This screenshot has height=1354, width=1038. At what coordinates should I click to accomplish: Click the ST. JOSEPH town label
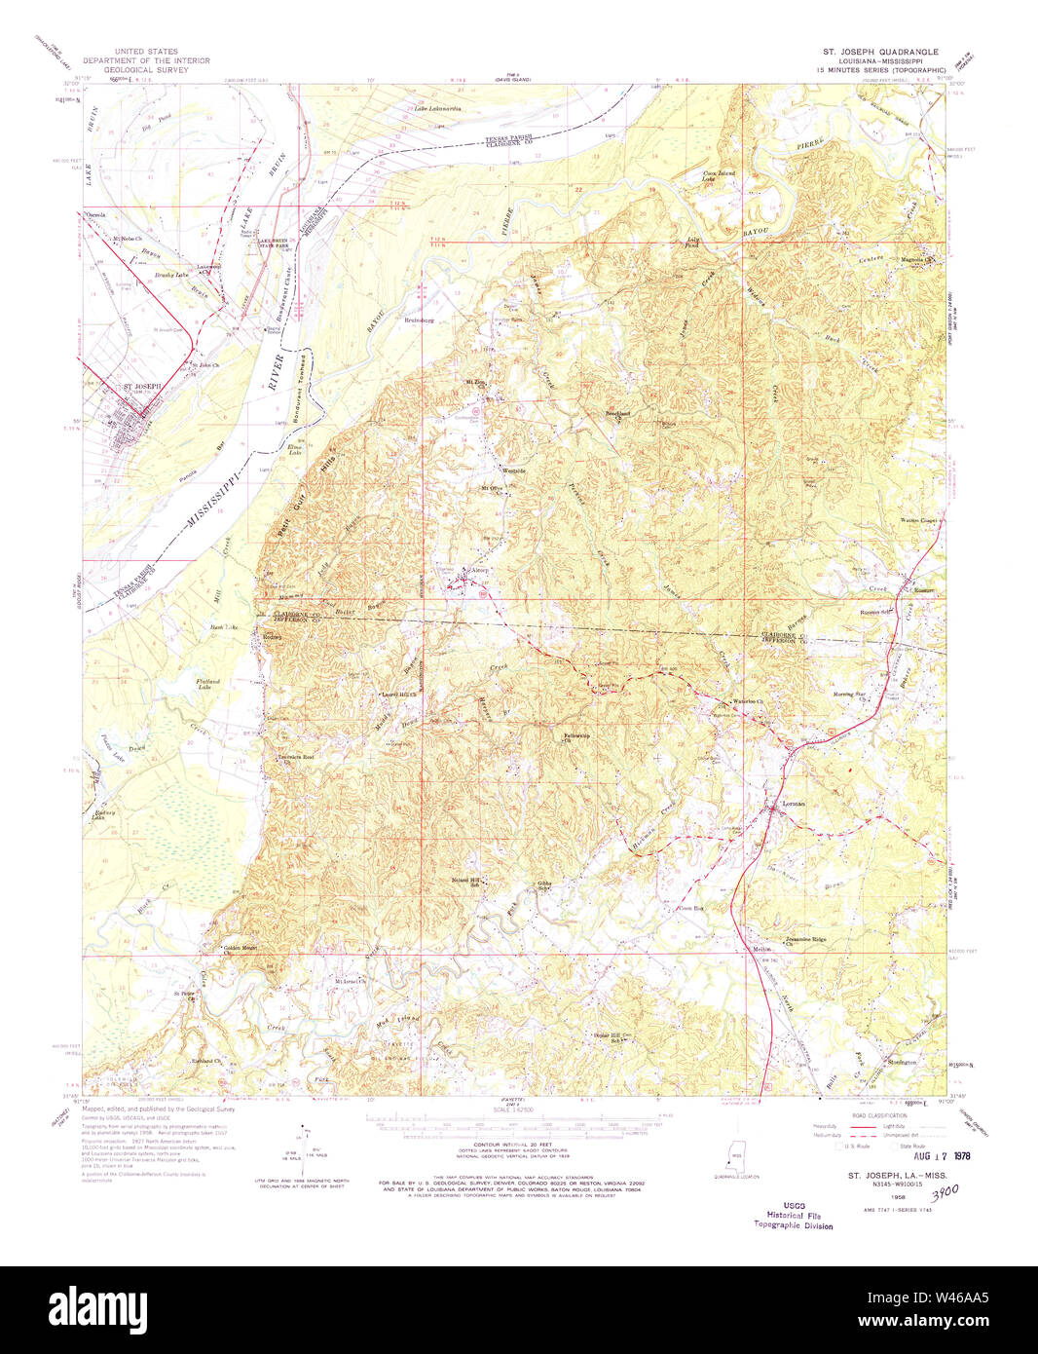[x=136, y=387]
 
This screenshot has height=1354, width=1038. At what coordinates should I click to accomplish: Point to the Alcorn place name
[x=480, y=571]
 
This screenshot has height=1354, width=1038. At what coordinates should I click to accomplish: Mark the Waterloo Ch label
[x=745, y=701]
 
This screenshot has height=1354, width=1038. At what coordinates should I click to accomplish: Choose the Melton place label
[x=762, y=950]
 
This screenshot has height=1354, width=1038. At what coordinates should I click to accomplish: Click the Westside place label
[x=513, y=470]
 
